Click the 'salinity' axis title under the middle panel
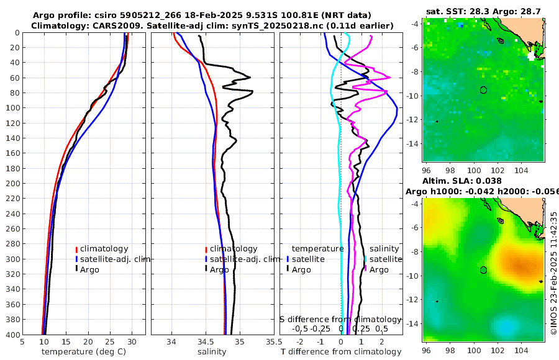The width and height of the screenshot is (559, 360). click(x=212, y=352)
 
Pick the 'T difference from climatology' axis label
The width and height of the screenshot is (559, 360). click(x=341, y=352)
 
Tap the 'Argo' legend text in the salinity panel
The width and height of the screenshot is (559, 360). click(x=219, y=269)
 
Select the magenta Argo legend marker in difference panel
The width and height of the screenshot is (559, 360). click(x=366, y=269)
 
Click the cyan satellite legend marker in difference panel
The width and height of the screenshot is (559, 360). click(x=366, y=259)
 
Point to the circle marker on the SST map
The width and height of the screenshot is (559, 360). click(x=484, y=90)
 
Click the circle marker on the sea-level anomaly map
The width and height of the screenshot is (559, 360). click(x=484, y=270)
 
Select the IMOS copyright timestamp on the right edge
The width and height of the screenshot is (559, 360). click(x=553, y=273)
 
